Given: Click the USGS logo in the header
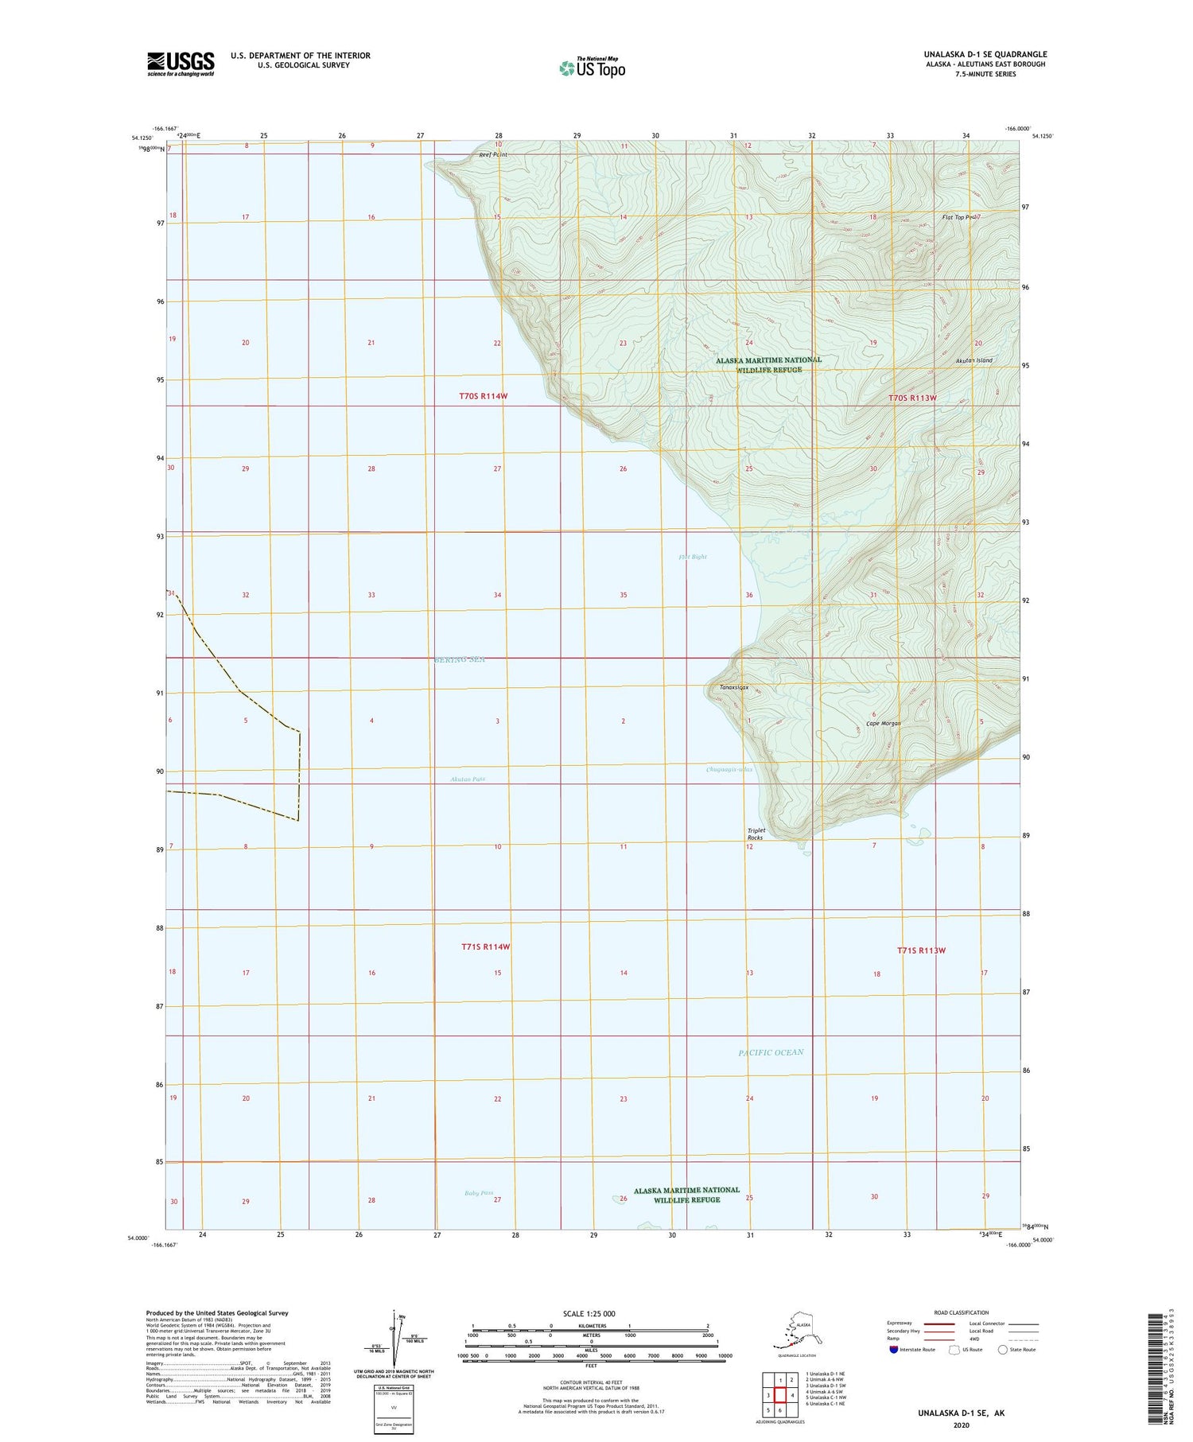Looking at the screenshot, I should pos(181,64).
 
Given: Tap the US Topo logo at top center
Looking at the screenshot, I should pos(592,68).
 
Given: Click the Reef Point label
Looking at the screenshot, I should pos(492,154).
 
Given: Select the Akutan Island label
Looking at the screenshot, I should pos(973,360).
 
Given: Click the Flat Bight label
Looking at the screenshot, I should pos(693,557).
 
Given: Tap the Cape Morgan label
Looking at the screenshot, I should pos(883,723).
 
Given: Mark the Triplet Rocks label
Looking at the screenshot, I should pos(755,834).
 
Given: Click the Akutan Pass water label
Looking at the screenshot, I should pos(467,779).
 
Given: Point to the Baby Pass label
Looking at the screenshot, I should pos(479,1193).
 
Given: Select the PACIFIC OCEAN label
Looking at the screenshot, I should pos(771,1052).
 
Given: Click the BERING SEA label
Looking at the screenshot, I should pos(459,659).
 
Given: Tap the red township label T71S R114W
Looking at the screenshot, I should pos(485,946).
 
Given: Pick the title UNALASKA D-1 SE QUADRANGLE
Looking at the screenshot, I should pos(985,54).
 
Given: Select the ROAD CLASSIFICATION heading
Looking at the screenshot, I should pos(962,1312).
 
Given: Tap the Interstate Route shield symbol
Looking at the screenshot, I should pos(894,1349).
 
